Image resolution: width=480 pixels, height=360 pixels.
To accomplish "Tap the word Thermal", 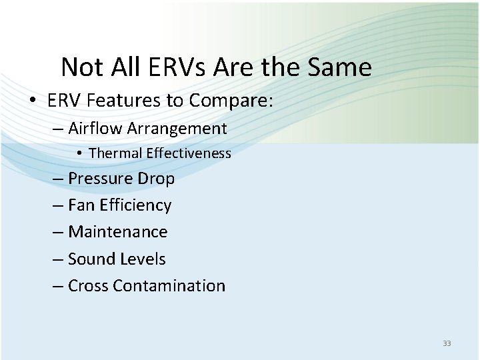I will tap(111, 153).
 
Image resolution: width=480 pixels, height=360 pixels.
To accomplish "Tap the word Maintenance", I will tap(118, 232).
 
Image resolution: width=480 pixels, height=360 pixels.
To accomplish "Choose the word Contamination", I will tap(169, 285).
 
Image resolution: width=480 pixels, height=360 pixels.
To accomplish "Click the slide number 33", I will tap(447, 343).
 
